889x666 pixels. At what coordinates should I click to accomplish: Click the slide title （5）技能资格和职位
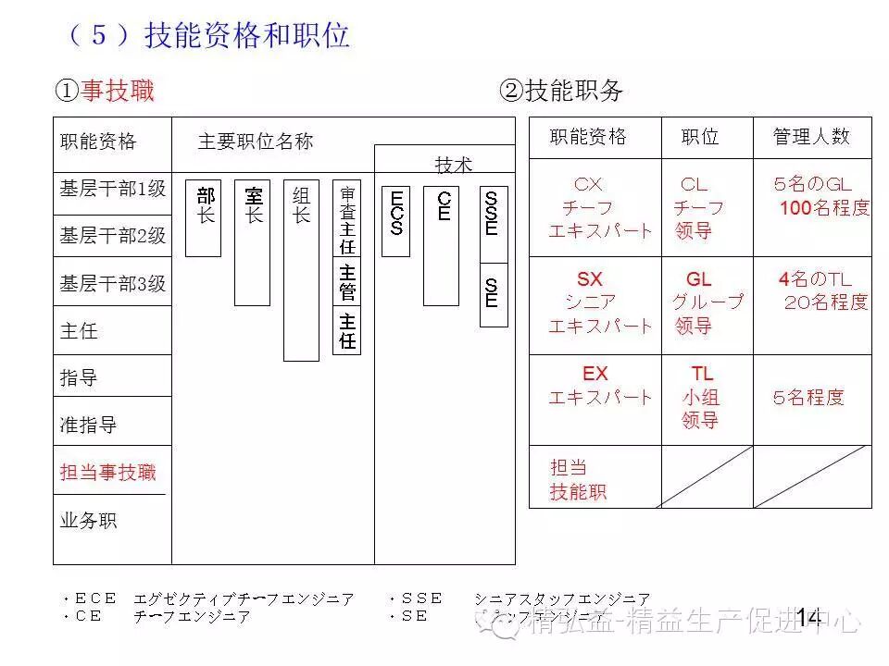[x=208, y=35]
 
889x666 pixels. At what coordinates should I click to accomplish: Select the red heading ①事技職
[x=105, y=91]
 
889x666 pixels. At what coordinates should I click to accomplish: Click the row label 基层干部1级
[x=113, y=189]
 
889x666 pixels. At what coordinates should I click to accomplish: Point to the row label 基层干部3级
[x=113, y=284]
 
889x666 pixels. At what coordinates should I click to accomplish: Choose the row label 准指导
[x=89, y=425]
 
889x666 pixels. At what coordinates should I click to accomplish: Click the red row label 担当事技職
[x=108, y=473]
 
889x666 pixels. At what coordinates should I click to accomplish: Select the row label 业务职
[x=89, y=520]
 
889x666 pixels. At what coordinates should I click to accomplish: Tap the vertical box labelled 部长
[x=204, y=217]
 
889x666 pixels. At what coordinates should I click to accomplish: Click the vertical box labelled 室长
[x=252, y=242]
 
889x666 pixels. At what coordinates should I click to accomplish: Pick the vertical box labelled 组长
[x=301, y=269]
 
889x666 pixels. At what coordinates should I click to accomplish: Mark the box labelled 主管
[x=347, y=281]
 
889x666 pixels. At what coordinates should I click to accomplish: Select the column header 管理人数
[x=811, y=137]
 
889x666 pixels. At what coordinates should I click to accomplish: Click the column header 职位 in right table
[x=700, y=137]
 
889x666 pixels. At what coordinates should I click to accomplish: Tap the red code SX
[x=590, y=279]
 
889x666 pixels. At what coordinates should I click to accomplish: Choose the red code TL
[x=702, y=374]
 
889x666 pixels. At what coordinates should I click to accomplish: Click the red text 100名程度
[x=824, y=208]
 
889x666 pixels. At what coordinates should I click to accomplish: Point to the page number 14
[x=808, y=616]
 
